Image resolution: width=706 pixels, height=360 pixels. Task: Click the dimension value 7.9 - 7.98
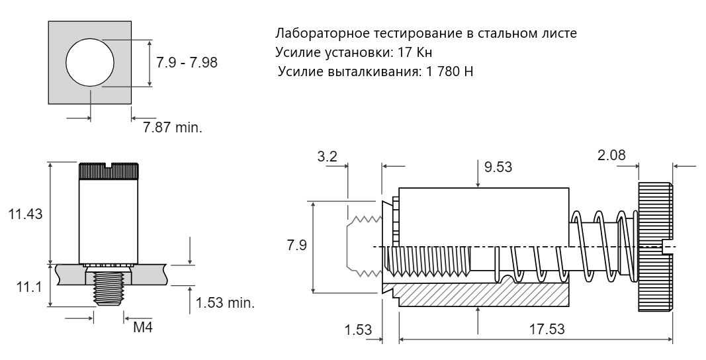tap(187, 62)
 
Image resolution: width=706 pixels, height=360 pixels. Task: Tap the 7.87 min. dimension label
tap(173, 128)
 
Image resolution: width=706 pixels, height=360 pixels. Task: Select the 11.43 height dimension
tap(25, 214)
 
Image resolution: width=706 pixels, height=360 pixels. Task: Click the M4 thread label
tap(143, 327)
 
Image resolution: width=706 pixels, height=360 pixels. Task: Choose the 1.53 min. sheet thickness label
tap(225, 302)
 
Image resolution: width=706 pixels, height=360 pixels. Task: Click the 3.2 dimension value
tap(327, 157)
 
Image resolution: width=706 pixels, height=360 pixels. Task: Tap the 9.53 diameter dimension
tap(498, 167)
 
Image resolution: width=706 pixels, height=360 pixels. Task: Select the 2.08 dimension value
tap(611, 155)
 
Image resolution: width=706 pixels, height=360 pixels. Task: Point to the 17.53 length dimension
tap(547, 329)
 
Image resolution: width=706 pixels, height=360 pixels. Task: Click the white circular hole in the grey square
tap(90, 62)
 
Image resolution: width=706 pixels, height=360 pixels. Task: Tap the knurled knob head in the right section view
tap(656, 247)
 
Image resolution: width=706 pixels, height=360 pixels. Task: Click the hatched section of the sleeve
tap(477, 294)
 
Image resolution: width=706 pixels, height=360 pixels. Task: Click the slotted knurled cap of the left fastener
tap(109, 171)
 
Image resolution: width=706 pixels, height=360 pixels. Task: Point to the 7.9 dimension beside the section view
tap(296, 246)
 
